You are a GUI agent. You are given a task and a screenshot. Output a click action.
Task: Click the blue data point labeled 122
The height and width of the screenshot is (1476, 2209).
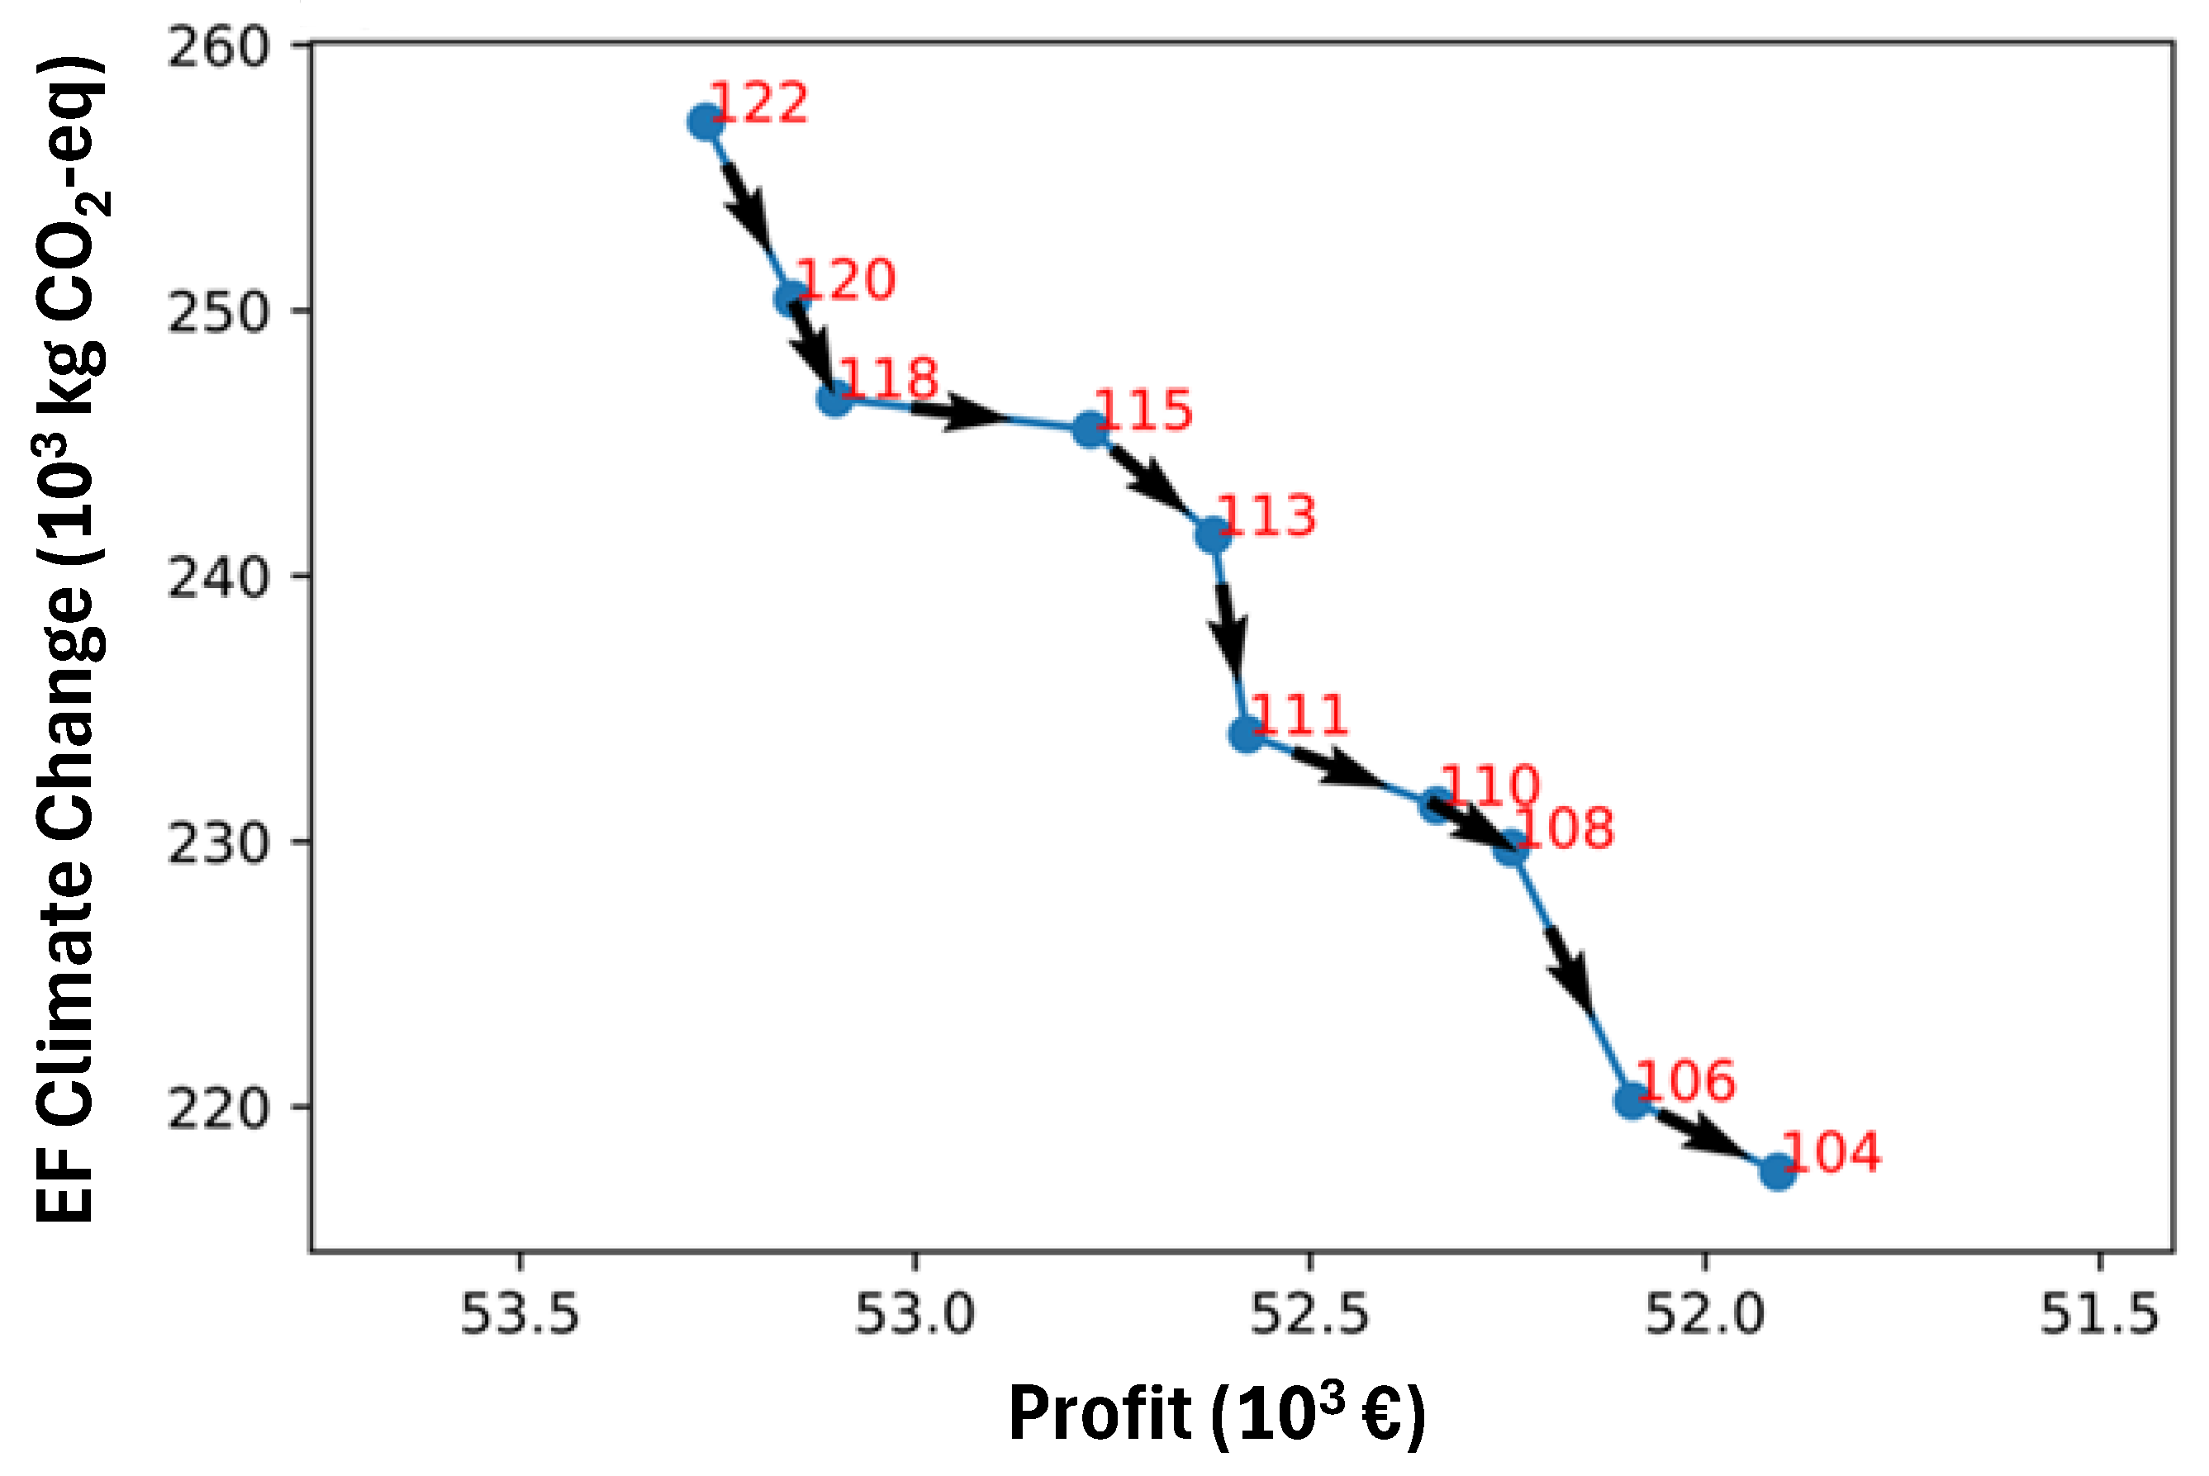click(x=705, y=122)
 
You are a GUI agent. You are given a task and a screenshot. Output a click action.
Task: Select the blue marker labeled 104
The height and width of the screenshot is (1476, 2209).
click(x=1776, y=1172)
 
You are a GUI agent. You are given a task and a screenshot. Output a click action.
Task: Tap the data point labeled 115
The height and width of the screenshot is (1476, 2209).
click(x=1090, y=430)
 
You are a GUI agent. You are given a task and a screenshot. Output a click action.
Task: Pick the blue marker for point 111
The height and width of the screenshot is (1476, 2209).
click(x=1246, y=733)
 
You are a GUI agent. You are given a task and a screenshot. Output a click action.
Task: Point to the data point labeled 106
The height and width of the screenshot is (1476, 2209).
click(x=1633, y=1099)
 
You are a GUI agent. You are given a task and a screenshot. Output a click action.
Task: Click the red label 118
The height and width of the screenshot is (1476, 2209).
click(x=889, y=378)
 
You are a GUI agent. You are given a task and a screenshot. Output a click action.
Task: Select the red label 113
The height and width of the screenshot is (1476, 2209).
click(x=1266, y=516)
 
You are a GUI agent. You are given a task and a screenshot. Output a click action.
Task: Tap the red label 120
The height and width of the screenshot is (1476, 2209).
click(x=845, y=279)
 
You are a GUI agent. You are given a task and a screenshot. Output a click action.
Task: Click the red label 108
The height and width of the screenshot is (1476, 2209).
click(x=1565, y=828)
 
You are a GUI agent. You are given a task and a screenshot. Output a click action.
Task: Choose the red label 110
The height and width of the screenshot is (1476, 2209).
click(x=1490, y=784)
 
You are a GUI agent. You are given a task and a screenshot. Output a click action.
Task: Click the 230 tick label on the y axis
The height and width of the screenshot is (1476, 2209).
click(x=218, y=842)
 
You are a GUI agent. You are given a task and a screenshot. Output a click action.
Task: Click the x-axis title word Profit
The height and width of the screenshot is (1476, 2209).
click(x=1100, y=1414)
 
